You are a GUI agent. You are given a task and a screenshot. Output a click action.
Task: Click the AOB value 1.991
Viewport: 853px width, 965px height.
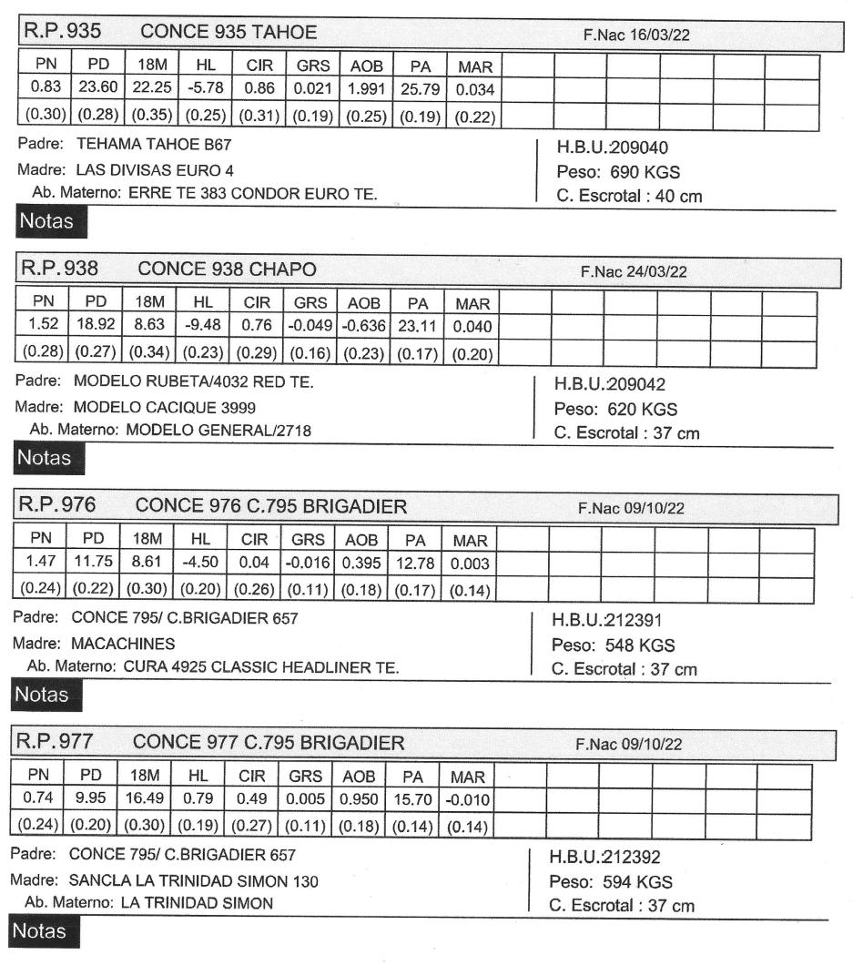click(364, 91)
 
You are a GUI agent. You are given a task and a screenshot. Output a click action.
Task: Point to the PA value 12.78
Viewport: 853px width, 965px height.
click(413, 564)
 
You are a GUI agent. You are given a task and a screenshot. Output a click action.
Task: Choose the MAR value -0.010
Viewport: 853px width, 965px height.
click(468, 800)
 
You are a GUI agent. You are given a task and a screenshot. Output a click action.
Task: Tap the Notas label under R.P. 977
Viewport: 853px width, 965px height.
click(40, 930)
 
